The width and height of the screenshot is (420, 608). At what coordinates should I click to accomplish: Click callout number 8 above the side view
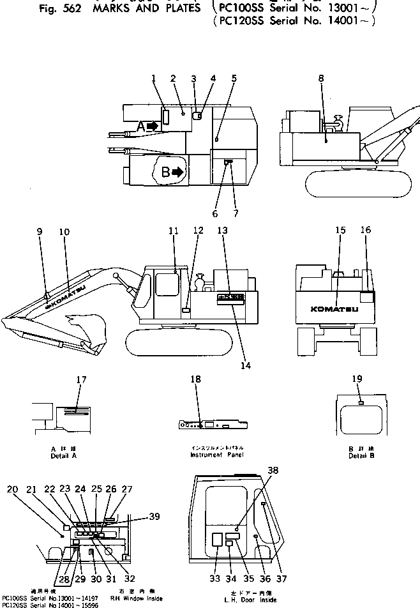(321, 79)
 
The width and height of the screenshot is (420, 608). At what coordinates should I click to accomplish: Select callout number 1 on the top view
(154, 79)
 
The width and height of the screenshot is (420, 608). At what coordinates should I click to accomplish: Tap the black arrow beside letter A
(151, 126)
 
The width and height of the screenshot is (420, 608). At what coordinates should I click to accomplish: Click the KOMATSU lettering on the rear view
(334, 309)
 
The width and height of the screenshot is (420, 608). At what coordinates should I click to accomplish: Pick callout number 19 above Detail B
(357, 379)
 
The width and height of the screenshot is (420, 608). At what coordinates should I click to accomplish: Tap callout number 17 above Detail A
(81, 379)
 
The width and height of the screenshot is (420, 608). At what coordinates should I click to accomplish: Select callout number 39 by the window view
(154, 517)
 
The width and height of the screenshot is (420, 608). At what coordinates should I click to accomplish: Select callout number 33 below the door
(215, 579)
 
